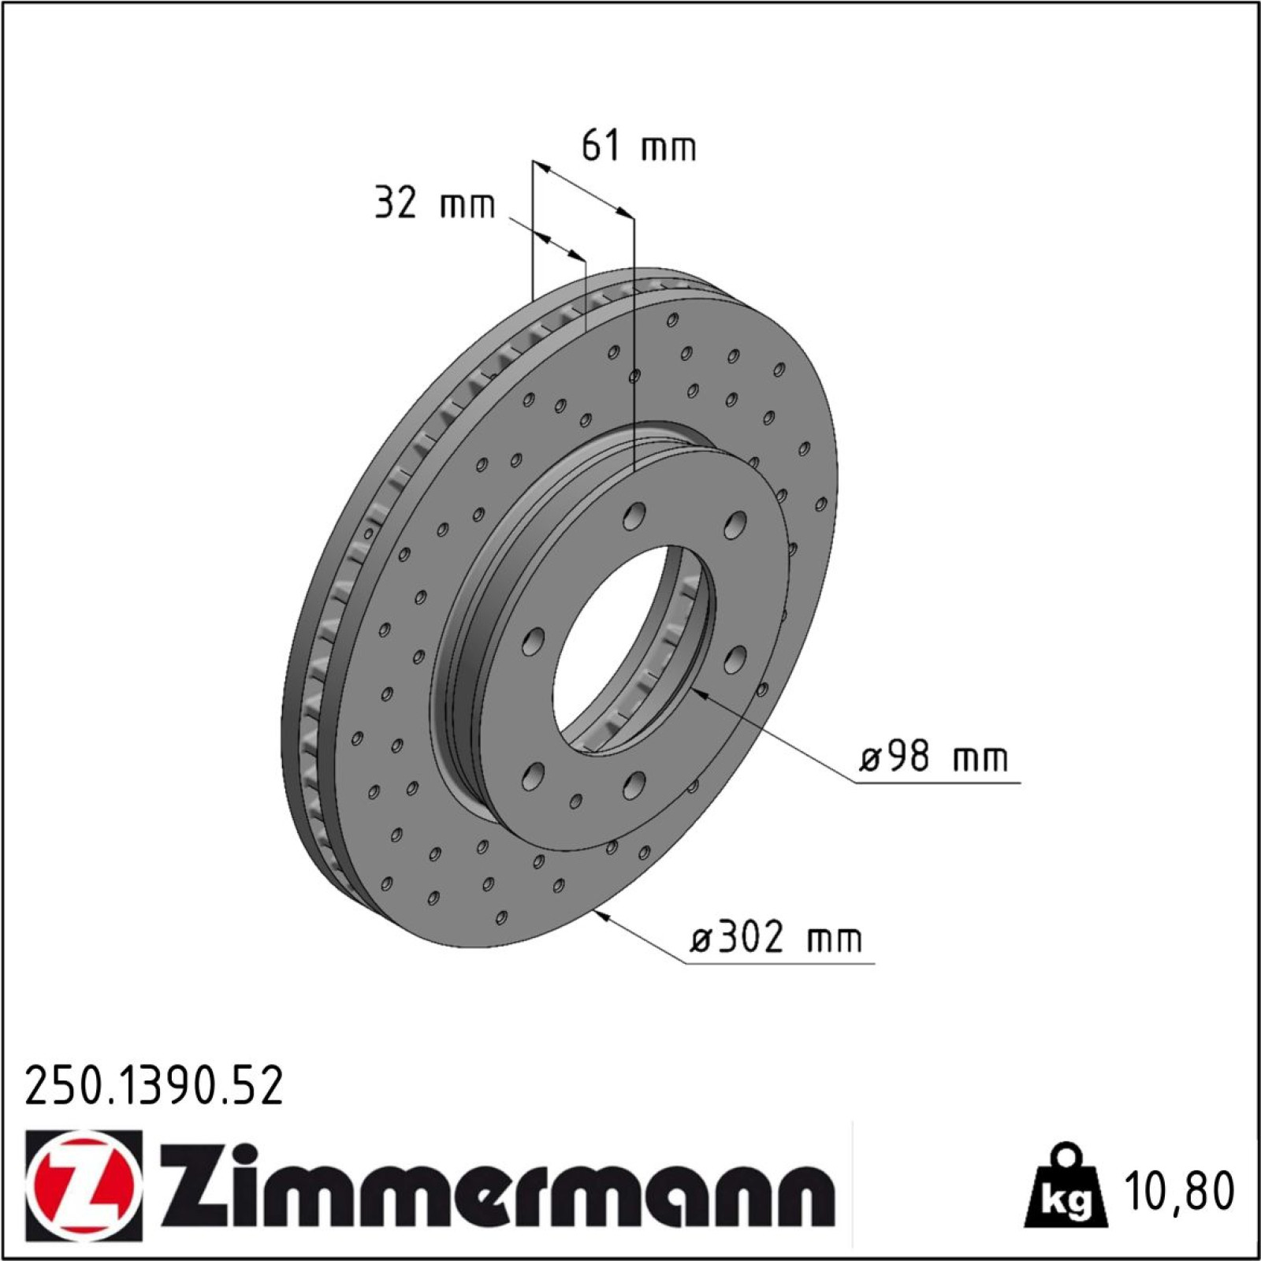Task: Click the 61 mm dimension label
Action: point(638,147)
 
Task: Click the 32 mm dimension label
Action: point(434,203)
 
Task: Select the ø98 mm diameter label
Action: point(933,757)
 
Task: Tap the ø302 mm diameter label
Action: point(776,938)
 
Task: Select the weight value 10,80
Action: point(1180,1192)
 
